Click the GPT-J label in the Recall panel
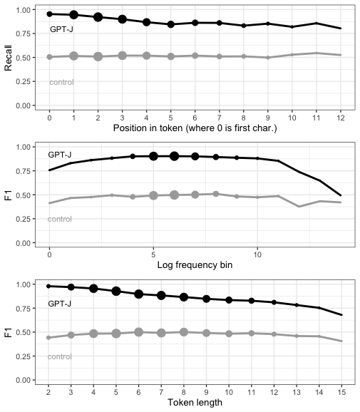61,29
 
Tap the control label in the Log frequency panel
60,219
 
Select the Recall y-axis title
8,58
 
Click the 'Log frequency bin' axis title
195,265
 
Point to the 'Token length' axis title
195,402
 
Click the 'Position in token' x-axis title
195,128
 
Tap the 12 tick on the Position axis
341,118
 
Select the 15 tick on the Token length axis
341,392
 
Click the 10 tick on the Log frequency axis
257,254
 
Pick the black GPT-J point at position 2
98,17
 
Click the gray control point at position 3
122,56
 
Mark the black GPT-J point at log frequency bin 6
174,156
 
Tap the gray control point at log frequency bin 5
153,195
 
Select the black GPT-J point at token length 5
116,291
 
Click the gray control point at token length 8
184,332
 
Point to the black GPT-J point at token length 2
48,286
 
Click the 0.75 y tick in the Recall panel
24,34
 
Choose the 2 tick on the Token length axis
48,392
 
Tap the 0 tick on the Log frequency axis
49,254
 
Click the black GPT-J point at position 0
49,14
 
